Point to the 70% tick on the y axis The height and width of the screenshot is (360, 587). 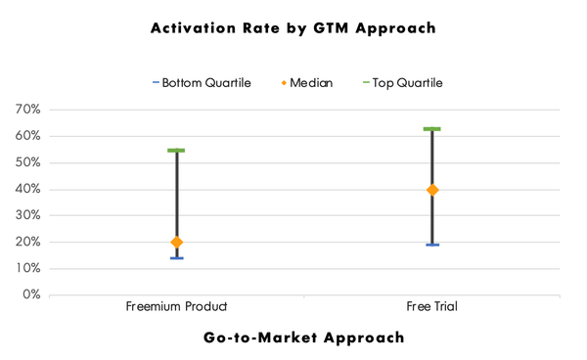(x=27, y=111)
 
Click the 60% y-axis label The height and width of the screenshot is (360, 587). (x=27, y=137)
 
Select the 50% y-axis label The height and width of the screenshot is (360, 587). (x=27, y=163)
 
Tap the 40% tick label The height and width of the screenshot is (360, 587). (x=27, y=190)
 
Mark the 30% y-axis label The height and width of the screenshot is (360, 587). (x=27, y=215)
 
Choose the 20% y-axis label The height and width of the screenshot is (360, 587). (x=27, y=242)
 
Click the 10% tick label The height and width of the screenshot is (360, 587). (x=27, y=268)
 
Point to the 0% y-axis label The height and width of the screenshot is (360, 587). (x=30, y=294)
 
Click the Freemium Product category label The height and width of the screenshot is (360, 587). (x=176, y=307)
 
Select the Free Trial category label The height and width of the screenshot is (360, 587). (x=431, y=307)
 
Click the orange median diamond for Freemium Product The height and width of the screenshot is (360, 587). (x=176, y=242)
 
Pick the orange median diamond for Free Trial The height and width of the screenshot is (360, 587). (x=431, y=190)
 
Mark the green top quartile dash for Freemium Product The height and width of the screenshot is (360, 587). (x=176, y=151)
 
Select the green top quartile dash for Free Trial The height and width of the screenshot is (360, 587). (x=431, y=129)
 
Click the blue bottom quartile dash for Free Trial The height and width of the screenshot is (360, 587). (x=431, y=245)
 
